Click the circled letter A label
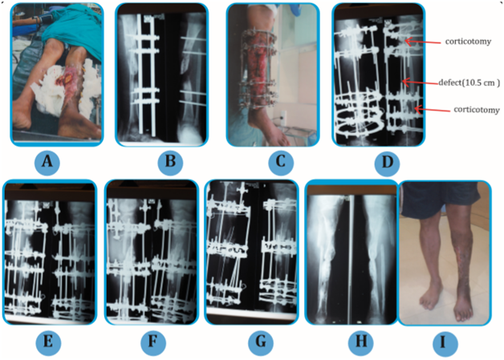tap(47, 161)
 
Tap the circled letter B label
tap(170, 161)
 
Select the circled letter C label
tap(281, 161)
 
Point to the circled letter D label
tap(387, 163)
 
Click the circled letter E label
tap(48, 342)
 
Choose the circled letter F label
tap(153, 342)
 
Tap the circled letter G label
tap(261, 342)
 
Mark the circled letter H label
tap(360, 342)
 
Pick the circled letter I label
tap(445, 343)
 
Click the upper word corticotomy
tap(468, 42)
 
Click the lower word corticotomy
tap(477, 110)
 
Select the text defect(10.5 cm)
tap(469, 83)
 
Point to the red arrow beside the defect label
tap(421, 83)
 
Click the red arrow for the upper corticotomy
tap(423, 42)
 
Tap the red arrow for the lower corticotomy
tap(432, 110)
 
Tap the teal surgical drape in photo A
tap(73, 30)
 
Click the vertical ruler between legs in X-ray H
tap(352, 259)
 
